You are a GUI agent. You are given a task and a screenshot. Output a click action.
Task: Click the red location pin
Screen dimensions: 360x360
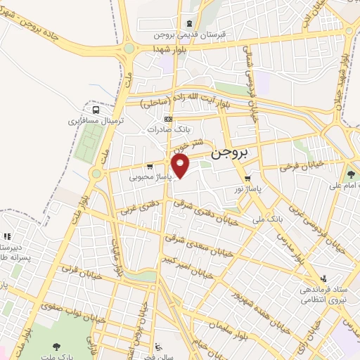(x=181, y=167)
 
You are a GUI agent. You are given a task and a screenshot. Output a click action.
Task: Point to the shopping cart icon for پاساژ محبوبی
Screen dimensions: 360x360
(x=150, y=167)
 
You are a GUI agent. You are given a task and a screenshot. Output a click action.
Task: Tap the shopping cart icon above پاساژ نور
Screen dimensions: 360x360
(x=247, y=179)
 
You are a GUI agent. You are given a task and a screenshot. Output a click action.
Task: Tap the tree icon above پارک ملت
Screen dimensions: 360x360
(x=56, y=346)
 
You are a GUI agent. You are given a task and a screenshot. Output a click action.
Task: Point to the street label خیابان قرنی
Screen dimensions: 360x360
(x=73, y=269)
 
